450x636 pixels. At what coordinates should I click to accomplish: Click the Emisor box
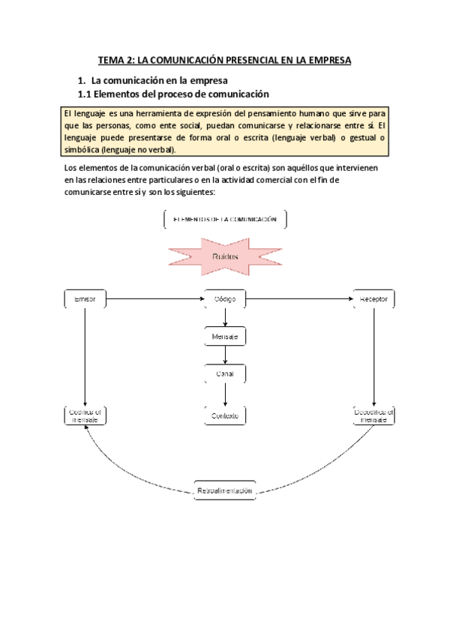(x=85, y=299)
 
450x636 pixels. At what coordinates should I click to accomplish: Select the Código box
(x=225, y=299)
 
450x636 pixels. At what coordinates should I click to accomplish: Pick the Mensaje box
(x=225, y=337)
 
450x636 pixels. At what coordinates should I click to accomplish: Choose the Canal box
(x=225, y=373)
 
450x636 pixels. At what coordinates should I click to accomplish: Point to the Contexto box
(x=225, y=415)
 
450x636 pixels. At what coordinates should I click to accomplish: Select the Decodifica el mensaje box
(x=374, y=415)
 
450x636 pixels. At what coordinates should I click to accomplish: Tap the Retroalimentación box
(x=225, y=490)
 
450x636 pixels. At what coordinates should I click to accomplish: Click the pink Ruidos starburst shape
(x=224, y=257)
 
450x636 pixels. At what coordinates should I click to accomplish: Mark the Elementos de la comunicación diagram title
(x=225, y=220)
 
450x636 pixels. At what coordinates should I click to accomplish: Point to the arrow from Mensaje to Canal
(x=225, y=355)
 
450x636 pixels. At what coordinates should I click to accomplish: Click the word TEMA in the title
(x=112, y=60)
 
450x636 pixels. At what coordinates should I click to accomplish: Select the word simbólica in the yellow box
(x=82, y=149)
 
